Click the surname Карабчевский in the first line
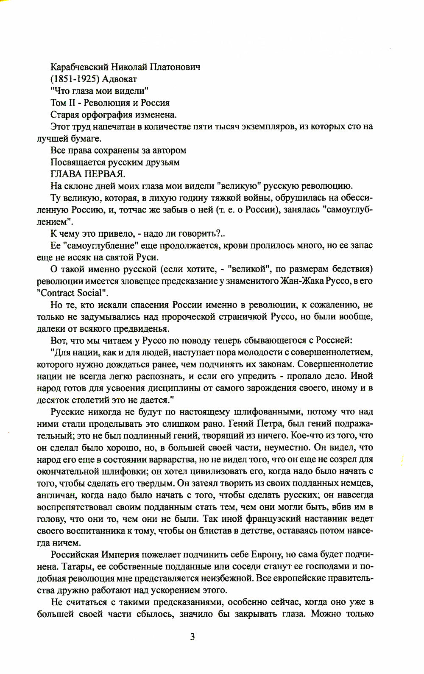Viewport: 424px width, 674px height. coord(78,67)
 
